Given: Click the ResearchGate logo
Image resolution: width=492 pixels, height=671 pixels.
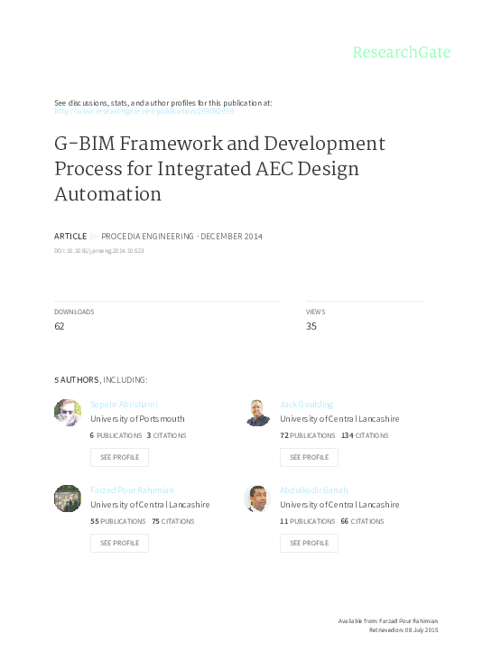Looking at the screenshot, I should (401, 51).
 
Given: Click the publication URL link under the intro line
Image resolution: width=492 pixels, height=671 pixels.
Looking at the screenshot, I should (144, 111).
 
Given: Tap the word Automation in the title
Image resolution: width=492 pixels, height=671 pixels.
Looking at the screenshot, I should (108, 193).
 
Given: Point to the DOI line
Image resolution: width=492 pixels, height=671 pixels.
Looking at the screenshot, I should (99, 250).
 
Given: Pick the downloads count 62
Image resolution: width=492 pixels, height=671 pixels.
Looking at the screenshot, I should (60, 326).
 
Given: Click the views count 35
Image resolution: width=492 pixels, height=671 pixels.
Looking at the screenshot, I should (311, 326).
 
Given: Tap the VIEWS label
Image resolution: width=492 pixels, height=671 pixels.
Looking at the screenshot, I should (315, 312).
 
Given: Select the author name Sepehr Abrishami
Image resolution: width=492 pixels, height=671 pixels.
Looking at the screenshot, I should (122, 404).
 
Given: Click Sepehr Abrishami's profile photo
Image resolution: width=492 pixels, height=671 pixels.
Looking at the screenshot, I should (68, 413).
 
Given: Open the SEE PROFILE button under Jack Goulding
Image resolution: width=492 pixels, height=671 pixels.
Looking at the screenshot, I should (309, 457).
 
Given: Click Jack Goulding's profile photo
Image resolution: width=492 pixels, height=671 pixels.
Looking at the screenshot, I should (257, 413).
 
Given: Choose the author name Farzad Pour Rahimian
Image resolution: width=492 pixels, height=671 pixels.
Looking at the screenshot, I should (132, 489).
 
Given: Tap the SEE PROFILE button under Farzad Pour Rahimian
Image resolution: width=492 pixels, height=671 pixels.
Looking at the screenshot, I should (119, 543).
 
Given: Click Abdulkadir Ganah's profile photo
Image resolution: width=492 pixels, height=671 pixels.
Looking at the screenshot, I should (257, 499).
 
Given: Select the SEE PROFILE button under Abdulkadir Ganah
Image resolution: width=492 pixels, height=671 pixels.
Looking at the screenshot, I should (309, 543).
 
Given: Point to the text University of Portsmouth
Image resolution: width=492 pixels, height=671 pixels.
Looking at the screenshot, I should (137, 419).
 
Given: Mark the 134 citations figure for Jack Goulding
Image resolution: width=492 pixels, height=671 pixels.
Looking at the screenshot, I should (348, 435).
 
